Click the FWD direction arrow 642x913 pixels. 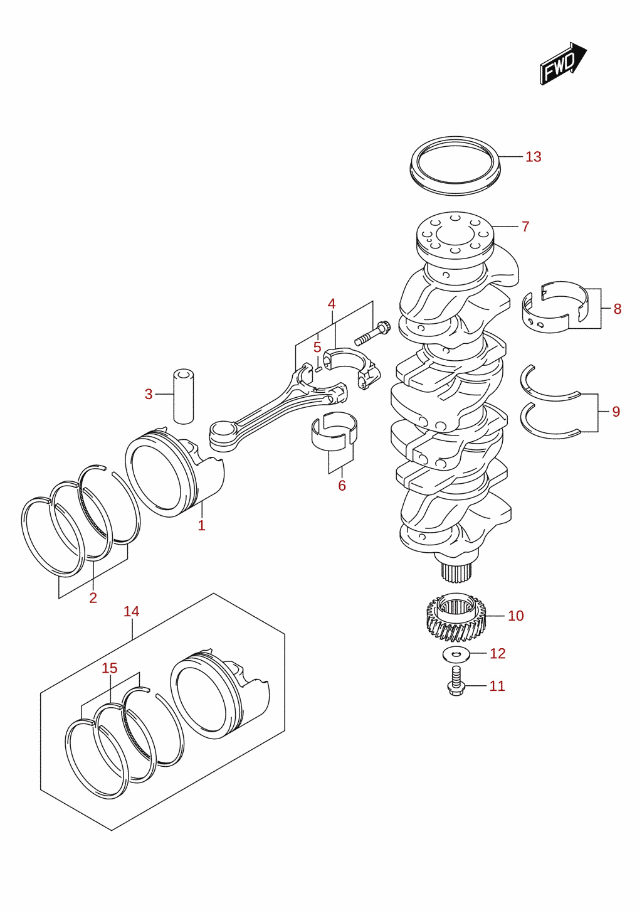[563, 63]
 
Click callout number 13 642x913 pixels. [534, 157]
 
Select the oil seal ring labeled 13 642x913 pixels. [455, 165]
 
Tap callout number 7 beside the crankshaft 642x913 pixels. [525, 227]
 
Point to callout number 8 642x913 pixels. [618, 309]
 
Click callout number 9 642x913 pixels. [616, 412]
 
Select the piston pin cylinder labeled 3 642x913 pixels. [183, 397]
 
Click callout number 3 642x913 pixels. [149, 394]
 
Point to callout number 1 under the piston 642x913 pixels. [202, 526]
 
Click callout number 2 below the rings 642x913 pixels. [93, 598]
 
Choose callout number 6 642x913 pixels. [342, 486]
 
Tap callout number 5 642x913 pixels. [317, 347]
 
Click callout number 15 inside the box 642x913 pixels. [109, 668]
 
